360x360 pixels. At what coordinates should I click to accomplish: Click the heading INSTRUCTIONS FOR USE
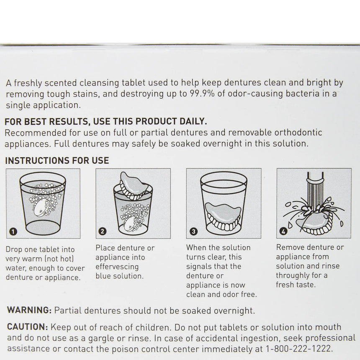[x=57, y=160]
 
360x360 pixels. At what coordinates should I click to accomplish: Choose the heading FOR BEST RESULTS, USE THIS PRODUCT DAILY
[x=105, y=122]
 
